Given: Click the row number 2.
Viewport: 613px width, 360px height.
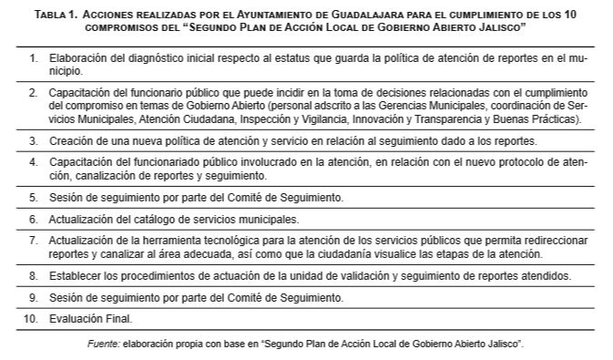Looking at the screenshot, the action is point(33,93).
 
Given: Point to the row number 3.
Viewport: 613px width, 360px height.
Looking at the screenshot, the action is point(33,141).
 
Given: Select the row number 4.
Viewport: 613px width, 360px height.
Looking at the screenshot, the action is point(33,163).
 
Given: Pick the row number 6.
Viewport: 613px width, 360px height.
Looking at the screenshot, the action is point(33,220).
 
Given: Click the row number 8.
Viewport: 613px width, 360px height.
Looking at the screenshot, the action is point(33,275).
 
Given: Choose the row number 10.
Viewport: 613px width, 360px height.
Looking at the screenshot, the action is point(30,319).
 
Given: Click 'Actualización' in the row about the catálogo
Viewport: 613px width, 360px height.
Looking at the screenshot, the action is point(77,220).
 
